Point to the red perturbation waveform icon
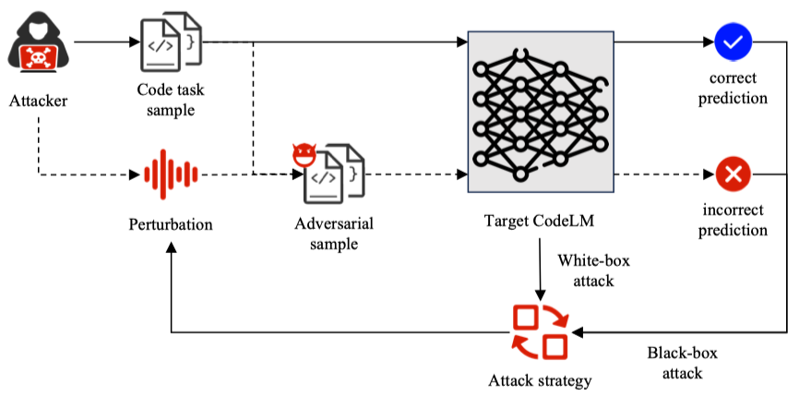[x=170, y=173]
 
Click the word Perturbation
[x=171, y=224]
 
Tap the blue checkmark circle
[x=733, y=41]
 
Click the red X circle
[x=733, y=173]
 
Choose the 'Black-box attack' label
[x=681, y=363]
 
